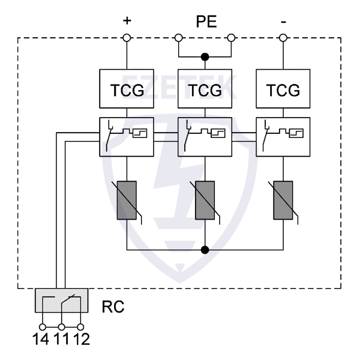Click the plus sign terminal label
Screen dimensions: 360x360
pyautogui.click(x=127, y=21)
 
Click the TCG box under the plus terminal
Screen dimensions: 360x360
pyautogui.click(x=127, y=89)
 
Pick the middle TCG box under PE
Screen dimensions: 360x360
pyautogui.click(x=205, y=89)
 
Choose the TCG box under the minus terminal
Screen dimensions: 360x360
pyautogui.click(x=283, y=89)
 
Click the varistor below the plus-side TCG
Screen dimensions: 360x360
pyautogui.click(x=127, y=200)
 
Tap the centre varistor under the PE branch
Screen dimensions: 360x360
pyautogui.click(x=205, y=200)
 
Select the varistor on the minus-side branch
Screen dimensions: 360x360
pyautogui.click(x=283, y=200)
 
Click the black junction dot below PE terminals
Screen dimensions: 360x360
pyautogui.click(x=205, y=57)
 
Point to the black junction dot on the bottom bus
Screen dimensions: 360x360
pyautogui.click(x=205, y=248)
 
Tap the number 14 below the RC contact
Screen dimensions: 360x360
pyautogui.click(x=42, y=340)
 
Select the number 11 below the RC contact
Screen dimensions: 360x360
pyautogui.click(x=62, y=340)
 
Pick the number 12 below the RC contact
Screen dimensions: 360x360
pyautogui.click(x=80, y=340)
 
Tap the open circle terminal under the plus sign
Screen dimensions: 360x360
pyautogui.click(x=127, y=38)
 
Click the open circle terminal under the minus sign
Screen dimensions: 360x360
pyautogui.click(x=283, y=38)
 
